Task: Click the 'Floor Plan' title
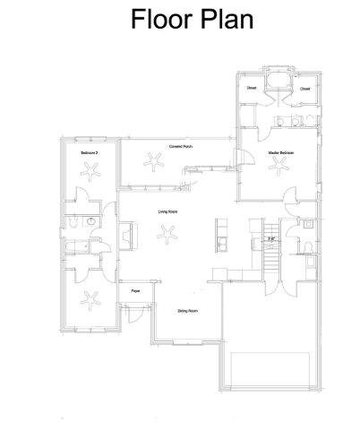coord(192,19)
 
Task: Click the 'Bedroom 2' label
coord(89,153)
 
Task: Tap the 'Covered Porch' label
coord(181,146)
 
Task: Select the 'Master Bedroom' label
coord(281,153)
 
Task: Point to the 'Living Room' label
coord(167,211)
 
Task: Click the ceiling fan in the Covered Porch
coord(157,164)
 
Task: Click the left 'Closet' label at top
coord(252,88)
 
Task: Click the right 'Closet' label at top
coord(305,88)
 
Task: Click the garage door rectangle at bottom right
coord(271,373)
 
